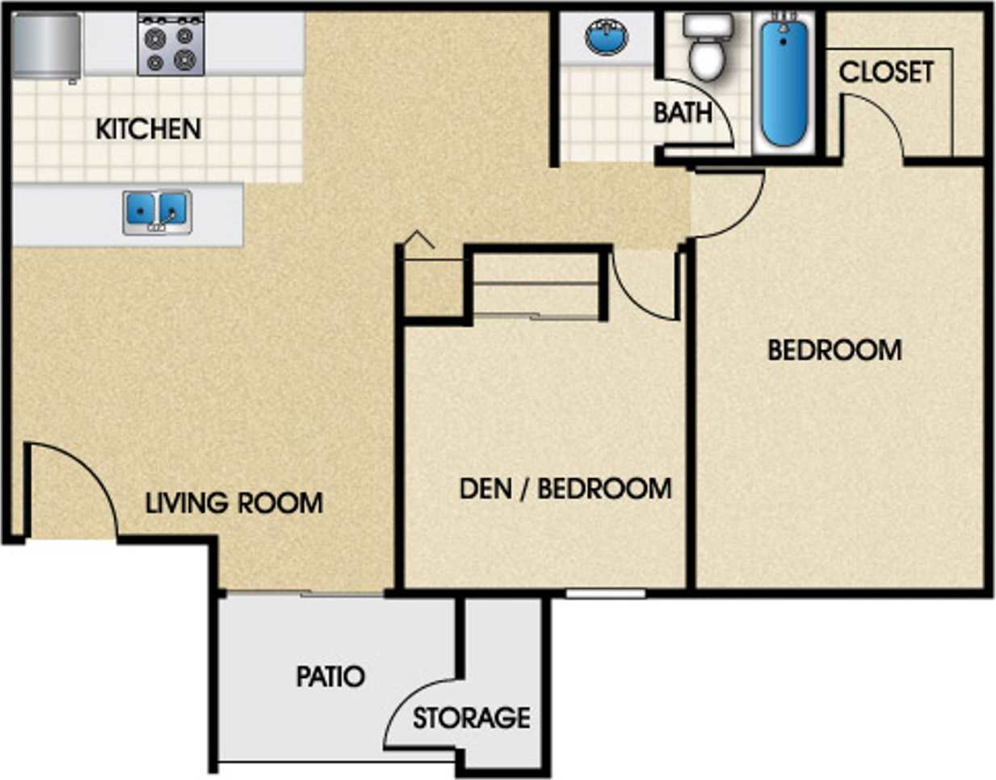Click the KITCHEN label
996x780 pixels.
pyautogui.click(x=148, y=128)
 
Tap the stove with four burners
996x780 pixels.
pyautogui.click(x=170, y=46)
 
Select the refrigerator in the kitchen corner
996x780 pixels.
pyautogui.click(x=47, y=46)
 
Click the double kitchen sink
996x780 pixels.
pyautogui.click(x=157, y=212)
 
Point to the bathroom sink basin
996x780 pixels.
pyautogui.click(x=606, y=37)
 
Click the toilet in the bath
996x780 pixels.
pyautogui.click(x=708, y=48)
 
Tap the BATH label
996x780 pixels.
pyautogui.click(x=683, y=113)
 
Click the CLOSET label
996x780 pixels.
pyautogui.click(x=886, y=73)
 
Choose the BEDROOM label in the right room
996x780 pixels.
pyautogui.click(x=834, y=350)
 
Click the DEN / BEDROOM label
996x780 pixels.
pyautogui.click(x=565, y=489)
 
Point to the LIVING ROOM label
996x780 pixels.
pyautogui.click(x=234, y=503)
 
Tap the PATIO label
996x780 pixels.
pyautogui.click(x=330, y=676)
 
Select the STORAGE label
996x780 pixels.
pyautogui.click(x=471, y=718)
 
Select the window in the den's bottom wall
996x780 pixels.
pyautogui.click(x=605, y=594)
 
